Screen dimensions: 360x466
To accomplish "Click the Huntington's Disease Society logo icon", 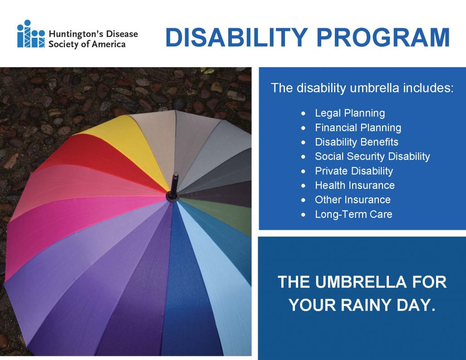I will tap(31, 34).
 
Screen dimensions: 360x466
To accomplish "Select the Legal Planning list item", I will tap(349, 113).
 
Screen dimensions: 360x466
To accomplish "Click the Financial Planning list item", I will tap(358, 128).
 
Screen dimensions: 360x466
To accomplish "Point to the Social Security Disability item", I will tap(372, 157).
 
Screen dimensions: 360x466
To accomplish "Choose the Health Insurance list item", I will tap(354, 185).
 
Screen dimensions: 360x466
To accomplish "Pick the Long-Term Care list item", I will tap(353, 214).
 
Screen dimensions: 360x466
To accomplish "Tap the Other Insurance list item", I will tap(352, 200).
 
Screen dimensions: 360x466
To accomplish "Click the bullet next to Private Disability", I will tap(304, 172).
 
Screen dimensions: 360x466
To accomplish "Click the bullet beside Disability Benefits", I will tap(304, 143).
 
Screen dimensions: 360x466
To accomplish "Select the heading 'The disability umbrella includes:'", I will tap(362, 88).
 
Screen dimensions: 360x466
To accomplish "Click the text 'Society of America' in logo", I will tap(87, 44).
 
